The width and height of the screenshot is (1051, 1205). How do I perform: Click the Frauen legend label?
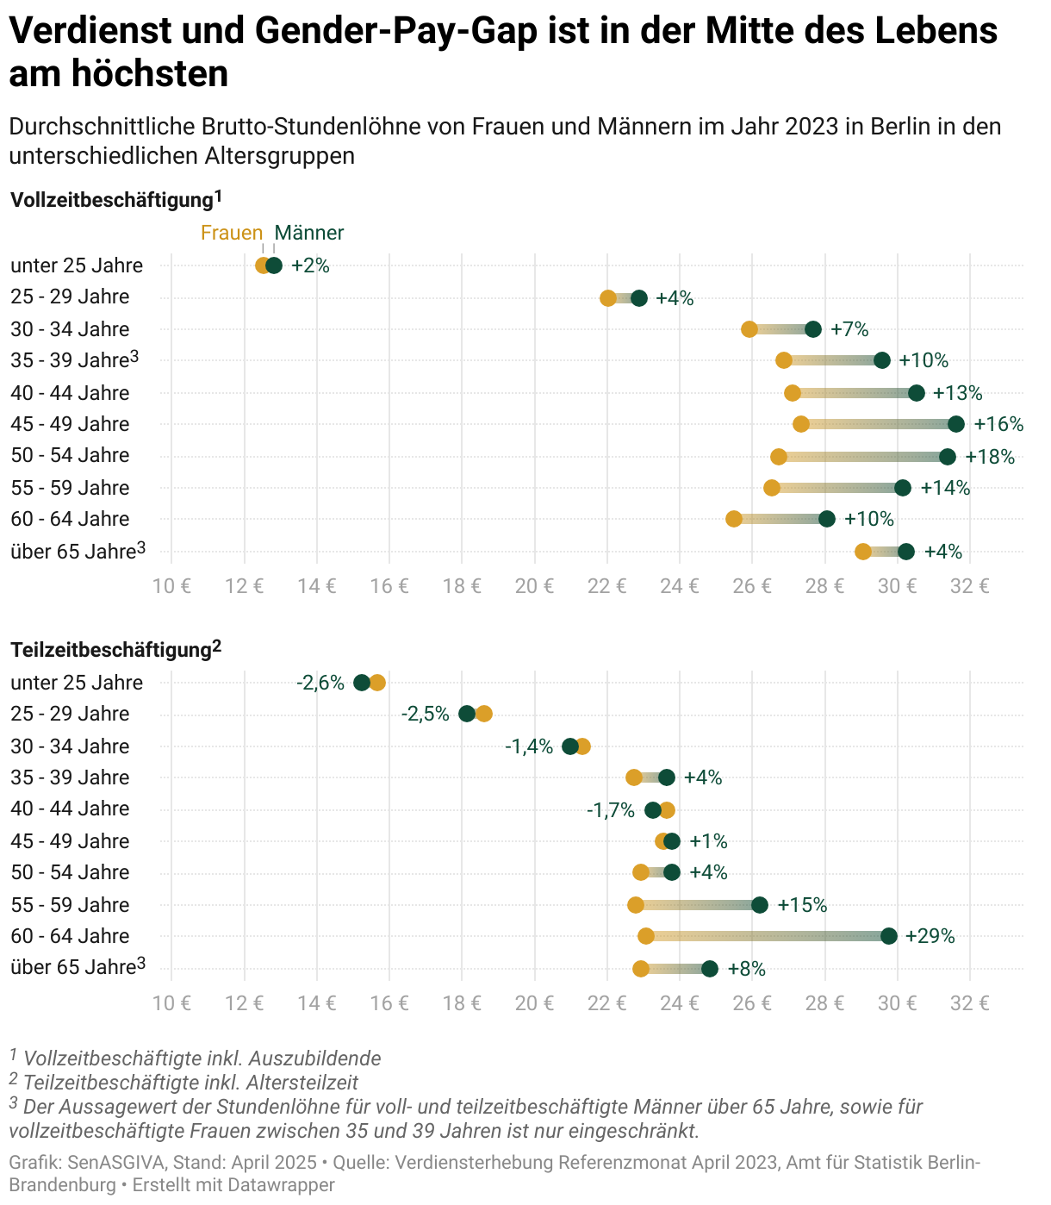(x=231, y=233)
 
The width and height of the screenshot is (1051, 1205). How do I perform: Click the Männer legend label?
(x=308, y=233)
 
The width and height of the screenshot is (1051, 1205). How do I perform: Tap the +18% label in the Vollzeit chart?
(x=990, y=457)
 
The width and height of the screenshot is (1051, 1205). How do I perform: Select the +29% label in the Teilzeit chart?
(x=930, y=936)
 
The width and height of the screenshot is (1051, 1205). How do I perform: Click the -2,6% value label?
(x=320, y=683)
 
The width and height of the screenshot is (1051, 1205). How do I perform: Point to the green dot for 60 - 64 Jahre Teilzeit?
(x=889, y=936)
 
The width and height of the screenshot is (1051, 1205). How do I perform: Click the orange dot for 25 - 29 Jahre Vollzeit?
(x=608, y=298)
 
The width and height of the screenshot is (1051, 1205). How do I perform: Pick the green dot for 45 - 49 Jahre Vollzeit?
(x=956, y=424)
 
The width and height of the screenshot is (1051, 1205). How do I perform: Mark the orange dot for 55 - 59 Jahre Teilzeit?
(x=636, y=905)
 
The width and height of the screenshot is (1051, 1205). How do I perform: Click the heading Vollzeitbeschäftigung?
(x=111, y=201)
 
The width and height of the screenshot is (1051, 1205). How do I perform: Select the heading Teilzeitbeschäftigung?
(x=110, y=649)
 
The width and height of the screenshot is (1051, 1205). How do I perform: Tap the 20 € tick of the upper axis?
(x=534, y=587)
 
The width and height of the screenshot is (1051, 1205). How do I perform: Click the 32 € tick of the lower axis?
(x=970, y=1002)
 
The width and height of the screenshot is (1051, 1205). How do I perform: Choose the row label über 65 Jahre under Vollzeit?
(x=73, y=552)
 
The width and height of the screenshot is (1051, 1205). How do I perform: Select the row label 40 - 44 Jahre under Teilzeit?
(x=70, y=809)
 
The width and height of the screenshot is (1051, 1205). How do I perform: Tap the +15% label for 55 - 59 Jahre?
(x=802, y=905)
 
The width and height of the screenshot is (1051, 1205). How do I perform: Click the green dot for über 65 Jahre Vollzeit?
(x=906, y=552)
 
